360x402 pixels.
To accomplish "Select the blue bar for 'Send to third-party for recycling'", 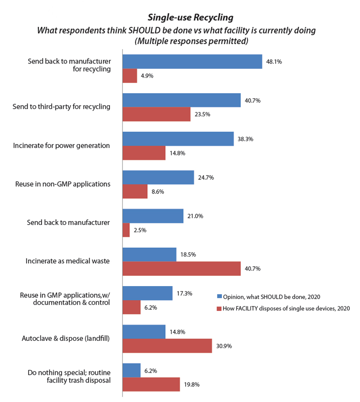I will (181, 100).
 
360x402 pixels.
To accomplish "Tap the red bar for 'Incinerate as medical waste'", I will (181, 268).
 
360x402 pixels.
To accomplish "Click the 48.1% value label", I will (274, 62).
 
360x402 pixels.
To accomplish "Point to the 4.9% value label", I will (147, 76).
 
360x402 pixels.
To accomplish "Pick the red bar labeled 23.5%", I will (156, 114).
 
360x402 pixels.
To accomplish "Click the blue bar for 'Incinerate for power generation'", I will (178, 138).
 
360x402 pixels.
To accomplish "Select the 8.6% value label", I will (157, 192).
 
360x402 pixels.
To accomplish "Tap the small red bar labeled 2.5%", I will (126, 230).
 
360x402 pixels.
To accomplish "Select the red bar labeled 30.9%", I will (167, 345).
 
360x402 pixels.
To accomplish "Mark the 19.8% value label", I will (191, 385).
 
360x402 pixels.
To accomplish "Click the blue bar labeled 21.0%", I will (153, 216).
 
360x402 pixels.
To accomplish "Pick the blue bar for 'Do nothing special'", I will (131, 370).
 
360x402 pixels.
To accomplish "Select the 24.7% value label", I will (206, 177).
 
